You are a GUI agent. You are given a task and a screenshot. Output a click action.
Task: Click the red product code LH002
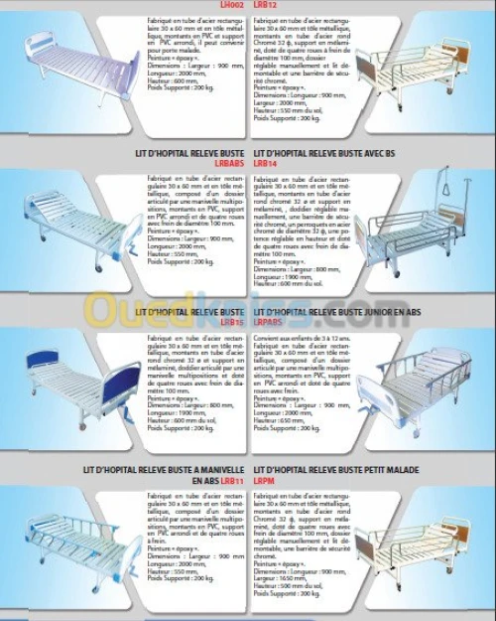(230, 5)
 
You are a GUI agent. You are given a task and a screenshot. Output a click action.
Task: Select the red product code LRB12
(264, 5)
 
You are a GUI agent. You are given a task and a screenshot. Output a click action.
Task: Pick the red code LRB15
(233, 322)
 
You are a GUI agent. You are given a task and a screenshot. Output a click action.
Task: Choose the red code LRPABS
(269, 322)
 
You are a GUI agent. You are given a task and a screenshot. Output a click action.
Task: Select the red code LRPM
(264, 480)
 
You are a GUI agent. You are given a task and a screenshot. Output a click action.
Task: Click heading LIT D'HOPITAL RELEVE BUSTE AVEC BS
(323, 152)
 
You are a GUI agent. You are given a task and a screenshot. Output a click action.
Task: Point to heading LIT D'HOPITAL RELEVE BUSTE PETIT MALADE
(336, 469)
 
